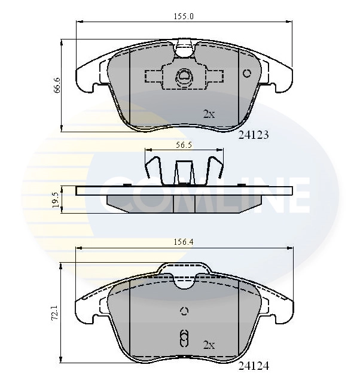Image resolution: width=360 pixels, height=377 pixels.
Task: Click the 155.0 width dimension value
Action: pyautogui.click(x=185, y=17)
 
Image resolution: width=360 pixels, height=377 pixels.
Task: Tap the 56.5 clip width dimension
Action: pyautogui.click(x=183, y=144)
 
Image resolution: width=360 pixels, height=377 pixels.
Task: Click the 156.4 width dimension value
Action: pyautogui.click(x=184, y=243)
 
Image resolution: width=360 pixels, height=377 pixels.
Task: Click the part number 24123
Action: pyautogui.click(x=254, y=135)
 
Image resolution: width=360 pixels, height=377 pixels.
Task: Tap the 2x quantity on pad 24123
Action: pyautogui.click(x=208, y=114)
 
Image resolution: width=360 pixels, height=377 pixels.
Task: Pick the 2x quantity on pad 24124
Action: pyautogui.click(x=208, y=345)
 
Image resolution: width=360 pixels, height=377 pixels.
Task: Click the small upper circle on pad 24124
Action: pyautogui.click(x=184, y=311)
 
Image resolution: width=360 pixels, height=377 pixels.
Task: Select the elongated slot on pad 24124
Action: pyautogui.click(x=184, y=338)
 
